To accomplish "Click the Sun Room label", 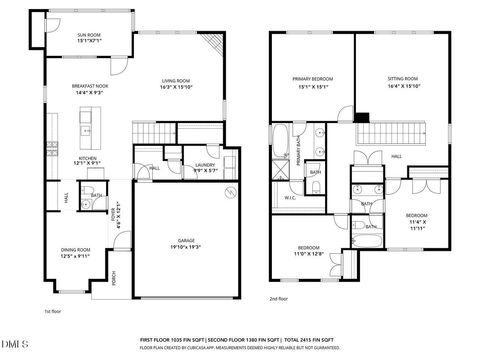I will tap(89, 34).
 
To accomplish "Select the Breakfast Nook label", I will tap(89, 87).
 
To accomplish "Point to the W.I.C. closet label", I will tap(289, 196).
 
